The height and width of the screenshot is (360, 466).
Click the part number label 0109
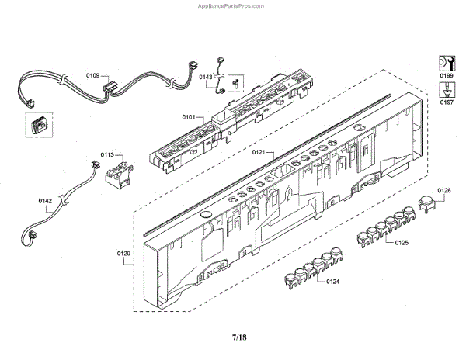[92, 76]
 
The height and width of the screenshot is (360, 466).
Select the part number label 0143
[206, 77]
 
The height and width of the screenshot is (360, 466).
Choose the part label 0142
[45, 201]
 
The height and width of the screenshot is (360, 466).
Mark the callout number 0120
[124, 253]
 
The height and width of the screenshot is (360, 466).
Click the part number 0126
[444, 190]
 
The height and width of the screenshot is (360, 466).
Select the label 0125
[402, 244]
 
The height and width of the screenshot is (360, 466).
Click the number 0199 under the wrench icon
[447, 75]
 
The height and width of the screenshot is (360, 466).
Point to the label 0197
[447, 102]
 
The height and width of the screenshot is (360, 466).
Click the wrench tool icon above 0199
[447, 62]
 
